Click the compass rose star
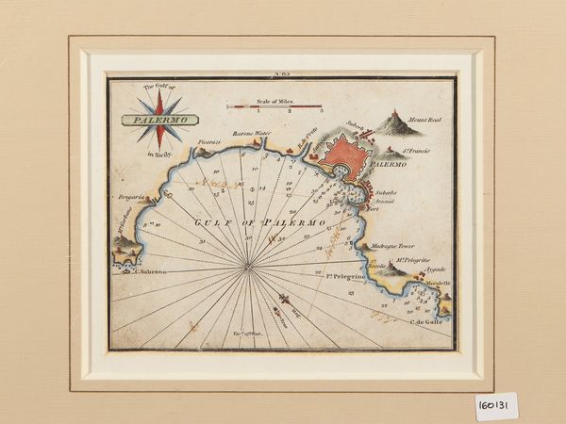point(160,115)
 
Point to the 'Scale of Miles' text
point(274,98)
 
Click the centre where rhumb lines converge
point(248,268)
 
